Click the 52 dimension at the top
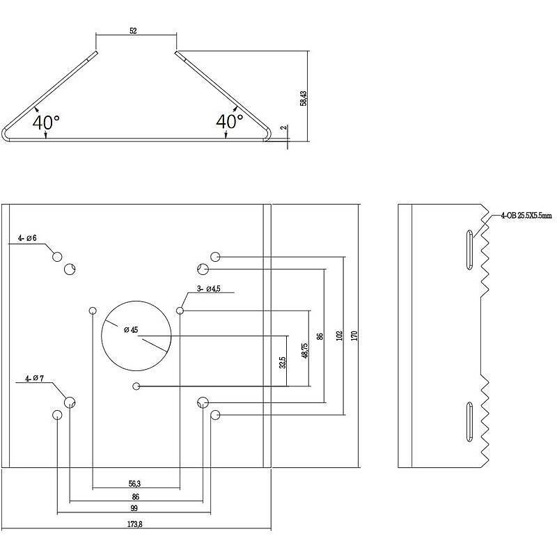(x=132, y=31)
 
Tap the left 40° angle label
(x=46, y=122)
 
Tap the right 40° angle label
(x=230, y=121)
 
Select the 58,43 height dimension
(x=303, y=97)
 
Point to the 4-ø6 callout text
(x=27, y=239)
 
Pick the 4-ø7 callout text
(x=34, y=379)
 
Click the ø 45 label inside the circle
(x=130, y=329)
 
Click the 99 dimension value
(x=134, y=508)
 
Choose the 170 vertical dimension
(x=355, y=335)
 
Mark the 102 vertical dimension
(x=340, y=335)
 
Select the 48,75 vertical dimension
(x=304, y=350)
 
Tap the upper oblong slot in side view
(x=469, y=250)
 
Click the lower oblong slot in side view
(x=469, y=420)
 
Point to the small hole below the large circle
(x=136, y=386)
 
